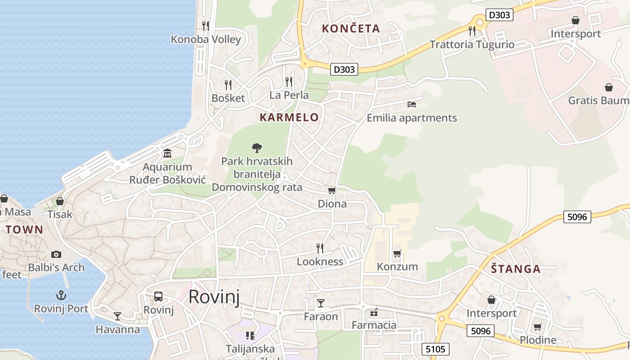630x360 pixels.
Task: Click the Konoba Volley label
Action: (206, 39)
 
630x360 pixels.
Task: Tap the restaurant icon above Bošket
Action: (228, 85)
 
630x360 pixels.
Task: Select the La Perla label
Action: (289, 95)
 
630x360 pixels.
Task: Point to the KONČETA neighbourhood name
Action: (351, 28)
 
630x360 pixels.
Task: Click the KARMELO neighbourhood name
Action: (289, 117)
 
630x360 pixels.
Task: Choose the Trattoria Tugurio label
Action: (472, 45)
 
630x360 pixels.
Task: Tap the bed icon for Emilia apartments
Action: (411, 104)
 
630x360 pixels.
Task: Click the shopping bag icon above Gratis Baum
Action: (608, 87)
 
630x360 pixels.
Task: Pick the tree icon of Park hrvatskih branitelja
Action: (256, 148)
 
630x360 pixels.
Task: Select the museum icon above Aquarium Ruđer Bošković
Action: (167, 153)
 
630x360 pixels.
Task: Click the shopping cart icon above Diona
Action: (332, 191)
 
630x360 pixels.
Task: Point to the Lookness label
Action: (319, 261)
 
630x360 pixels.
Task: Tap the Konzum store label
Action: (397, 266)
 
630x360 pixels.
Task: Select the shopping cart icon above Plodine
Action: (537, 327)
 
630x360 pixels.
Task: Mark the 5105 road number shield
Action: (435, 349)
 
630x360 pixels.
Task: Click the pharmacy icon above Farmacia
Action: (373, 312)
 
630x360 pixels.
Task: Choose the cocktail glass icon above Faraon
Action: (320, 303)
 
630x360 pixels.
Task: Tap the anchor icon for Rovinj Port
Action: (61, 295)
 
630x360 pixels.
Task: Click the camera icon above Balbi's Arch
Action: (56, 254)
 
